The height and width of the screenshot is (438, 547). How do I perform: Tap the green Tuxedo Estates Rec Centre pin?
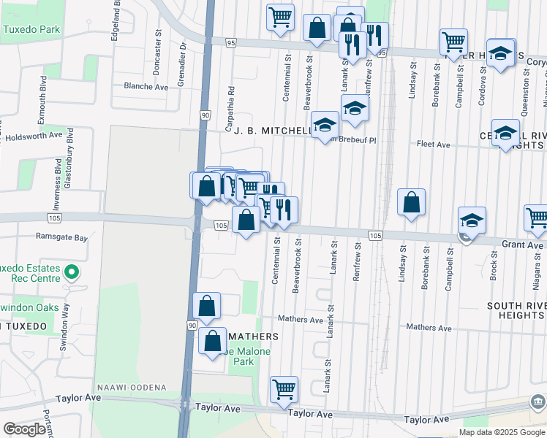pyautogui.click(x=71, y=273)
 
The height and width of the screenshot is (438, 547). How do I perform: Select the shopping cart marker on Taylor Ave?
pyautogui.click(x=283, y=388)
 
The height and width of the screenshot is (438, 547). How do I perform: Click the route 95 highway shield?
pyautogui.click(x=231, y=43)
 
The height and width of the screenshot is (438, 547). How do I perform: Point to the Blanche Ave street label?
pyautogui.click(x=146, y=86)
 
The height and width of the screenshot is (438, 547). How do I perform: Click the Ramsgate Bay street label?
pyautogui.click(x=61, y=237)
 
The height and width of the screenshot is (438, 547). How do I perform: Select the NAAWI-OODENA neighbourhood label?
pyautogui.click(x=131, y=386)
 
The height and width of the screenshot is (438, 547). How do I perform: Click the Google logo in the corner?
pyautogui.click(x=23, y=429)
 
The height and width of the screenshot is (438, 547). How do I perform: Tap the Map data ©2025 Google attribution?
pyautogui.click(x=502, y=432)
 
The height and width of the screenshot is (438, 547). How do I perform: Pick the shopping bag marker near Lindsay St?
pyautogui.click(x=412, y=202)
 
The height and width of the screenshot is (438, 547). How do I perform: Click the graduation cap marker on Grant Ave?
pyautogui.click(x=472, y=220)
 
